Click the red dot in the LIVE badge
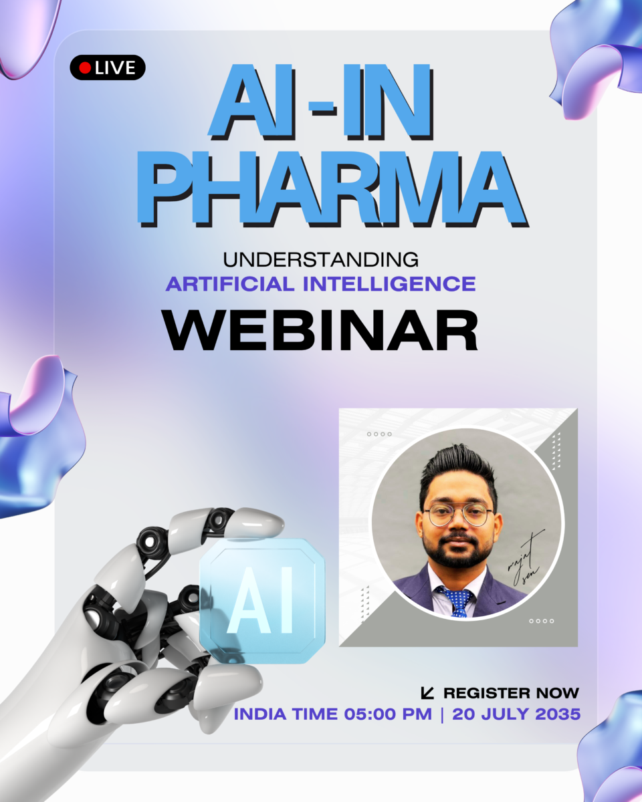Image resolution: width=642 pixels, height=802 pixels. (85, 68)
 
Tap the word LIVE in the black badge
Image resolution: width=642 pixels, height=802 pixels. (115, 68)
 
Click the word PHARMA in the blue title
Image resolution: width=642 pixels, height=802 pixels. (331, 189)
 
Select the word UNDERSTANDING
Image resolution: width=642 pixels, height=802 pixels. (321, 260)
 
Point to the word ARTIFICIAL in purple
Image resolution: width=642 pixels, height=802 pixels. (230, 284)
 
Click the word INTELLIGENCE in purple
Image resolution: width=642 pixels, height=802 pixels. (389, 284)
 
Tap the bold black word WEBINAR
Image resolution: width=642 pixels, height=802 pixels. (321, 331)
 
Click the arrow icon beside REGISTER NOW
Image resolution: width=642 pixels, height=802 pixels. (427, 693)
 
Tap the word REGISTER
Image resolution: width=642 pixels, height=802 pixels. (487, 693)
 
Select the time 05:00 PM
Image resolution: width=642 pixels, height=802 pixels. (388, 714)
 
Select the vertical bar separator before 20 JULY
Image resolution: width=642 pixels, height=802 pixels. (443, 715)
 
